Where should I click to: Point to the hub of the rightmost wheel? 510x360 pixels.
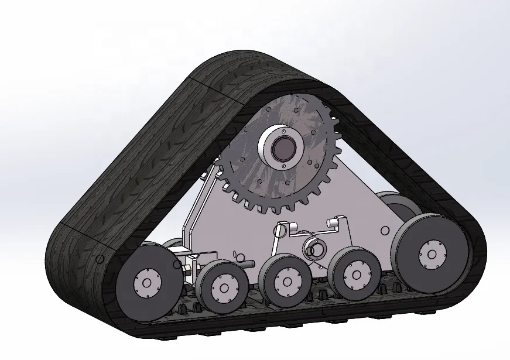tap(432, 253)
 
